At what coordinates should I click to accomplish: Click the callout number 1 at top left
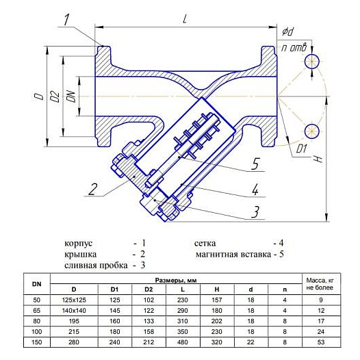(66, 20)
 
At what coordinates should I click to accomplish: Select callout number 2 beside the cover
(93, 189)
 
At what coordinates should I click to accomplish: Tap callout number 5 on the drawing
(255, 164)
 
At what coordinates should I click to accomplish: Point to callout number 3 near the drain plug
(255, 211)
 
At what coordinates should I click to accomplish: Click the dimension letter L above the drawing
(185, 19)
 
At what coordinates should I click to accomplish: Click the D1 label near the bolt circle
(301, 149)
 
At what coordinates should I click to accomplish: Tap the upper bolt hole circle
(312, 62)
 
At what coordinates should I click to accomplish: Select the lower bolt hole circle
(312, 131)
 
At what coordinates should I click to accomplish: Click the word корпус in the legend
(78, 244)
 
